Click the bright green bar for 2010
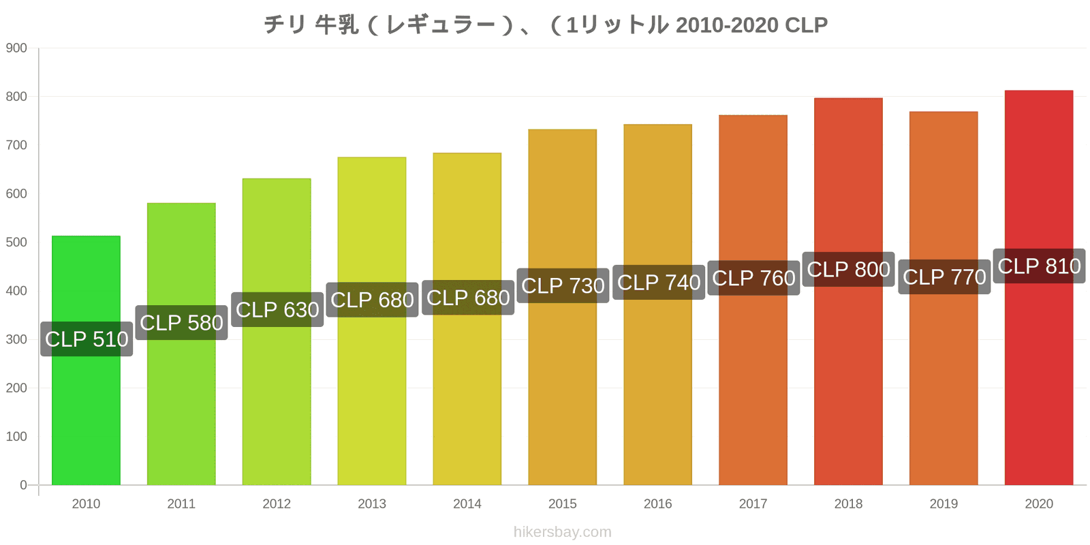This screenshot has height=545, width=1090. [86, 360]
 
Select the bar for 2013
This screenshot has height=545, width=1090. [372, 321]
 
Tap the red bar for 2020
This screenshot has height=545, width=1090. [1039, 287]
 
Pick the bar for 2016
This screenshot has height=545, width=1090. [658, 305]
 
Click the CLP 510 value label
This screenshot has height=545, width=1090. [87, 339]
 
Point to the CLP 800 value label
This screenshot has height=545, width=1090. [849, 269]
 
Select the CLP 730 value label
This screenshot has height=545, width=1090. [563, 285]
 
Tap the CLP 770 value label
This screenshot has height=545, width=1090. [944, 277]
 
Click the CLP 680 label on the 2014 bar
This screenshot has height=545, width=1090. [468, 297]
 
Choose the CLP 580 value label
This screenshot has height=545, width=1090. [181, 323]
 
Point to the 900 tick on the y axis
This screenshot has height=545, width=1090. [16, 48]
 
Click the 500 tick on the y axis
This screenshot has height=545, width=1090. [16, 243]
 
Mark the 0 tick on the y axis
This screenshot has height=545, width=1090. [23, 485]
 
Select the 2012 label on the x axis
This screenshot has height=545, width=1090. [277, 503]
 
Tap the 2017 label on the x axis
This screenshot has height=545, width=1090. [753, 503]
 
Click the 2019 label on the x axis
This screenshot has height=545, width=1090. [944, 503]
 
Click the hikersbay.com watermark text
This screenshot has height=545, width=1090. [563, 532]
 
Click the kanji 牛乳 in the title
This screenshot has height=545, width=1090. [337, 25]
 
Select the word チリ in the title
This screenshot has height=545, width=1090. [285, 25]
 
